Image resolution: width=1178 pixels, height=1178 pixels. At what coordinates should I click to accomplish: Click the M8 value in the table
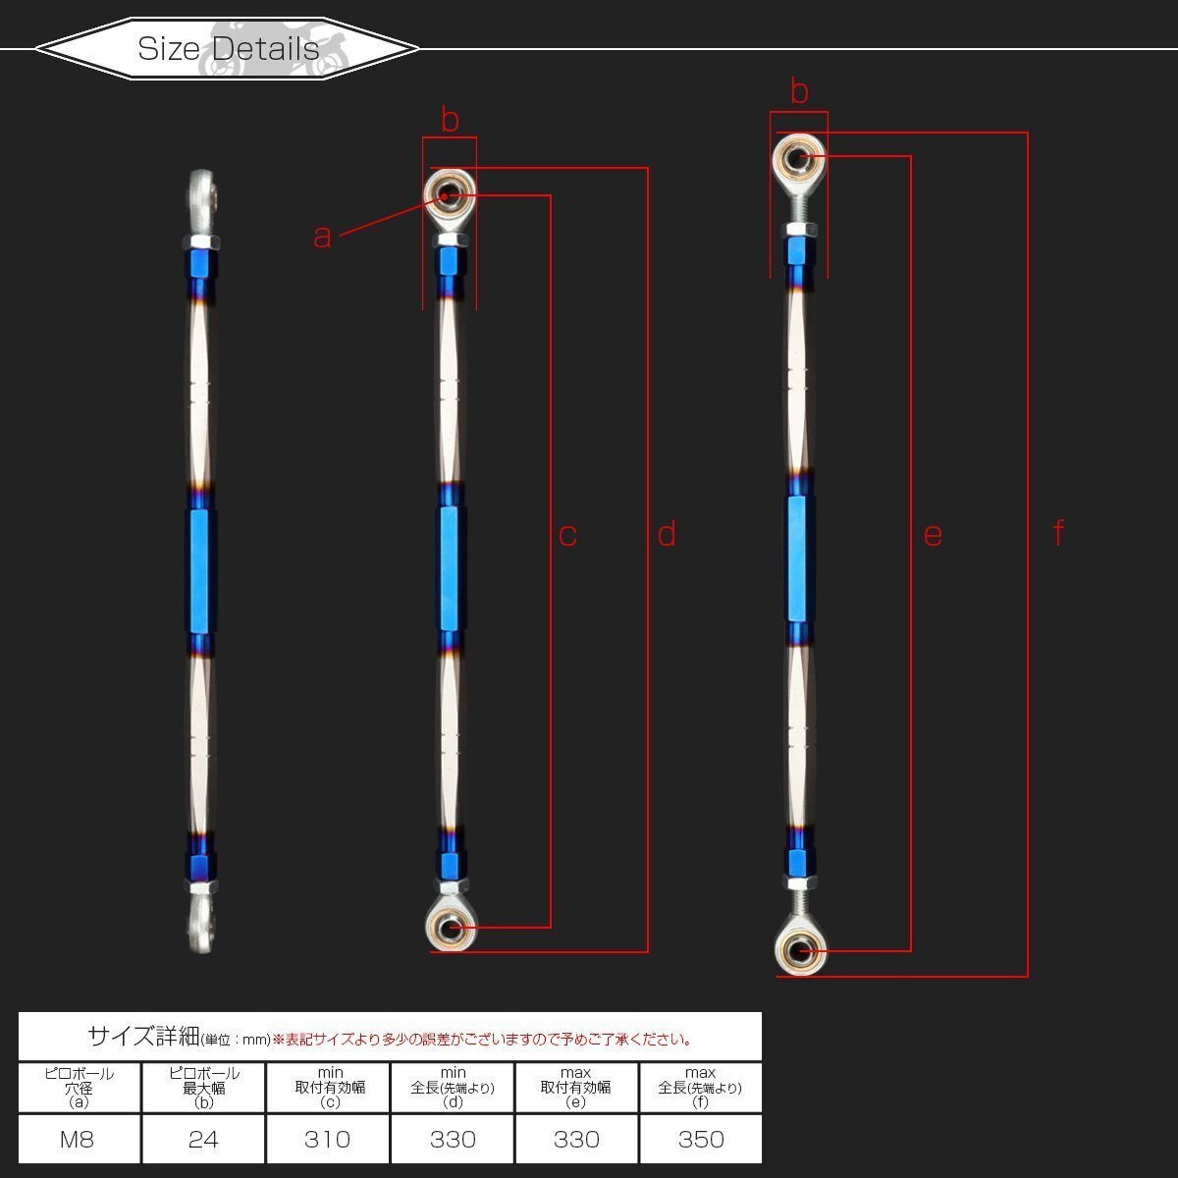pos(77,1139)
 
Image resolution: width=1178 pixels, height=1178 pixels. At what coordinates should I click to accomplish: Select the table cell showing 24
pos(203,1139)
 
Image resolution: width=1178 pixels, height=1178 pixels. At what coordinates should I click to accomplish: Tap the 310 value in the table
pos(327,1139)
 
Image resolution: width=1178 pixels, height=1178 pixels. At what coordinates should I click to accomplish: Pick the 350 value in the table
pos(701,1139)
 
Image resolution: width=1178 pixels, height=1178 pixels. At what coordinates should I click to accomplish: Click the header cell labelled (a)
pos(80,1088)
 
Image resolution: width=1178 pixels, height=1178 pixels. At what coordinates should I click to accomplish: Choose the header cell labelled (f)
pos(700,1088)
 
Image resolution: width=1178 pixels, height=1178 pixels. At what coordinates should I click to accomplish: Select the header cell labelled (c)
pos(328,1088)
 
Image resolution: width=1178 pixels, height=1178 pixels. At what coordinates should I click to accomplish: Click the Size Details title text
pos(228,48)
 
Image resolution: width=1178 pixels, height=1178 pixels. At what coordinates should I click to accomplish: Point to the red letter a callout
pos(322,236)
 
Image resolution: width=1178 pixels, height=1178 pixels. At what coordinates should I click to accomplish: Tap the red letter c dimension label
pos(567,536)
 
